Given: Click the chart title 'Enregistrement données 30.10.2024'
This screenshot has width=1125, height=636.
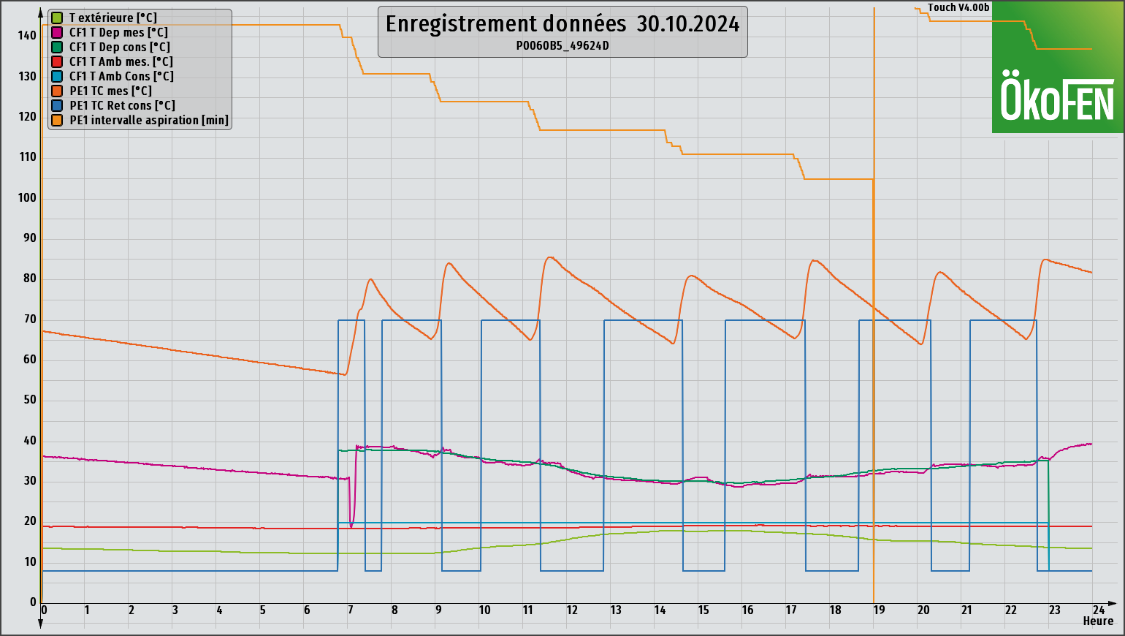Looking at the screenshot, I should pos(562,24).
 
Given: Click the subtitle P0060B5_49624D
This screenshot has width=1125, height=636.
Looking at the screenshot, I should pos(562,45).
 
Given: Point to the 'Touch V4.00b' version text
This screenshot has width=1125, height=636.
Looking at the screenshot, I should pos(958,8).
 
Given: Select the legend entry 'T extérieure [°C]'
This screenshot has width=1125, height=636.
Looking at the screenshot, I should pos(113,18).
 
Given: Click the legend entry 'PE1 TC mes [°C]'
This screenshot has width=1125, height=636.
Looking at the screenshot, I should pos(110,91).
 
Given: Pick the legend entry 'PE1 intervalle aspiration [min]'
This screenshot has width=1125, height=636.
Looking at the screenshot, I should pos(148,120).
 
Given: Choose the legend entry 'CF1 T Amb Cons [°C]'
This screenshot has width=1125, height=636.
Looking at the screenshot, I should pos(121,76).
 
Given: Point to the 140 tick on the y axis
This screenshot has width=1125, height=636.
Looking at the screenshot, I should pos(28,35).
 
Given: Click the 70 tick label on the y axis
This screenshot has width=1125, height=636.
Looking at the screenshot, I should pos(30,319).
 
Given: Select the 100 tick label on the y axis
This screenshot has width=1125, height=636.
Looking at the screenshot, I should pos(28,197).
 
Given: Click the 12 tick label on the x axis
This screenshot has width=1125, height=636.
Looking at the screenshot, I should pos(572,610).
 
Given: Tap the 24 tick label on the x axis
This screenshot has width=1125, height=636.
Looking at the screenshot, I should pos(1098,610).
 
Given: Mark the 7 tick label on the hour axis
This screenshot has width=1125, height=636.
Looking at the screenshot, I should pos(351,610).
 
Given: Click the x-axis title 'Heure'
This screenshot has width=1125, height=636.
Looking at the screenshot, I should pos(1098,621).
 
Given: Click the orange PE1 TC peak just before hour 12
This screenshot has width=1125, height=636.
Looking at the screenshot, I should pos(549,257).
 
